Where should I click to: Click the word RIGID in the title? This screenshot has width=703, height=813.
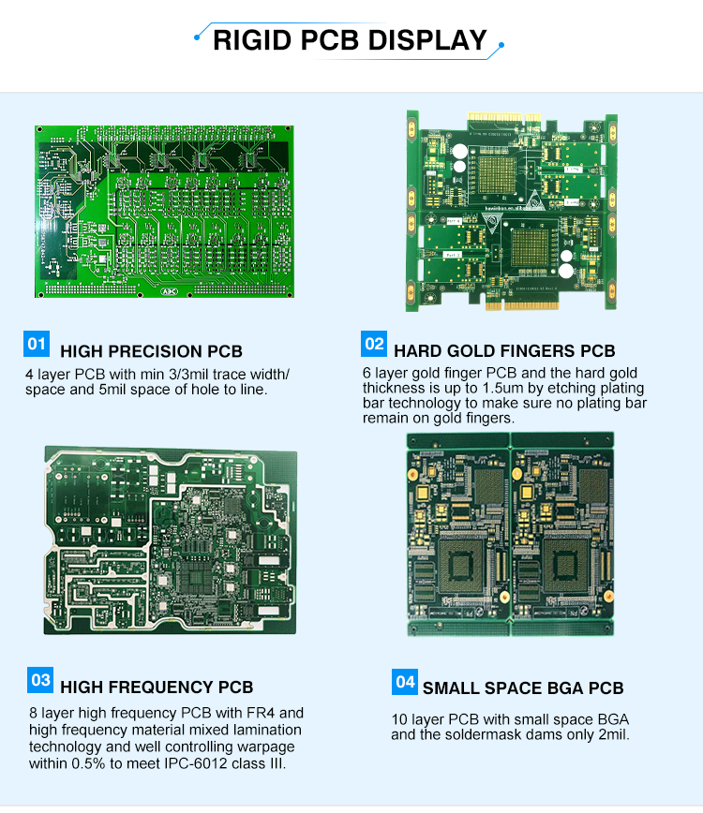point(252,40)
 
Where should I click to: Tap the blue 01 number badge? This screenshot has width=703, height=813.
point(37,344)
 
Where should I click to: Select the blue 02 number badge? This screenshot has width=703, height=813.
point(374,344)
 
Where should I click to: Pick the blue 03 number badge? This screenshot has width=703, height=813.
point(40,680)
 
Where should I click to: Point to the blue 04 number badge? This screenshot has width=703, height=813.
point(405,682)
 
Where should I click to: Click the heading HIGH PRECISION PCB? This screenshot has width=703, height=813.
point(151,351)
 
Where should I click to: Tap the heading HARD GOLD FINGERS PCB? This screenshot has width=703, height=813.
point(504,351)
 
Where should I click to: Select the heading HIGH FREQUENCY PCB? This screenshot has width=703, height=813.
point(157,687)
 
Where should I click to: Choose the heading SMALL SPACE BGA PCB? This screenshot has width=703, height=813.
point(523,688)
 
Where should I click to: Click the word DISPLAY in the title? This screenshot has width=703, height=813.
point(427,40)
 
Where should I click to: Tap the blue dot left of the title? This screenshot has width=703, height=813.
point(197,37)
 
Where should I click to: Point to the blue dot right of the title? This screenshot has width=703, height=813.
point(501,45)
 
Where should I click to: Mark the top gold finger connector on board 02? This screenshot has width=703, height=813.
point(503,118)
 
